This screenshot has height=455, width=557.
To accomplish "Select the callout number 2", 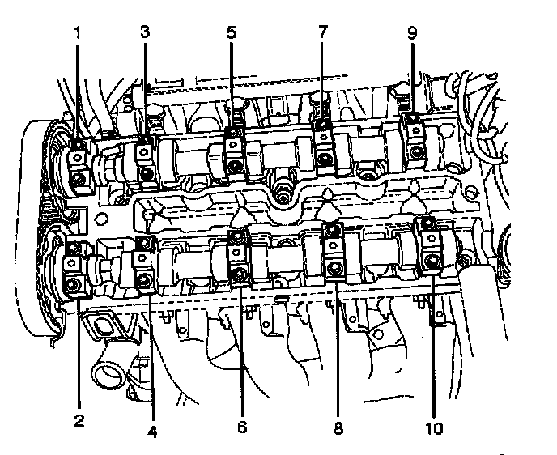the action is point(79,419).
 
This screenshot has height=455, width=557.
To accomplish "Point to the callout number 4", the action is point(152,432).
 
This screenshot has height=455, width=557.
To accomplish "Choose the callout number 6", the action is point(240,427).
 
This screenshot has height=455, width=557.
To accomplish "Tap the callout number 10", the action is point(435,428).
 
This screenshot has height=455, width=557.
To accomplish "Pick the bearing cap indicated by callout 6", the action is point(239,257).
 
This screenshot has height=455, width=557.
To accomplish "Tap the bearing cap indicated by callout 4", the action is point(145,263).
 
